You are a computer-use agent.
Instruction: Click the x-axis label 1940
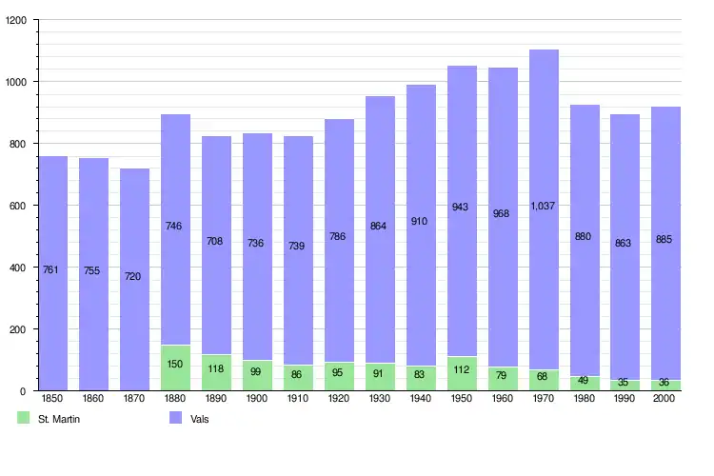pos(421,399)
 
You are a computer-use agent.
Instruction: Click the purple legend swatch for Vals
pos(176,418)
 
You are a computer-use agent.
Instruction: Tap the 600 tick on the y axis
pos(18,206)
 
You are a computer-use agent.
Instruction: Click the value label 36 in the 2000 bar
pos(665,384)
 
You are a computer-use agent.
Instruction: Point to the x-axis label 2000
pos(665,399)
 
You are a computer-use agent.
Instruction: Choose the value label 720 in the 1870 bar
pos(134,276)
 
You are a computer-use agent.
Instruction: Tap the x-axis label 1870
pos(134,399)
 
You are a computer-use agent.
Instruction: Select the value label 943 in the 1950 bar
pos(462,207)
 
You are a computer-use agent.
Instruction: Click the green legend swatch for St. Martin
pos(24,418)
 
